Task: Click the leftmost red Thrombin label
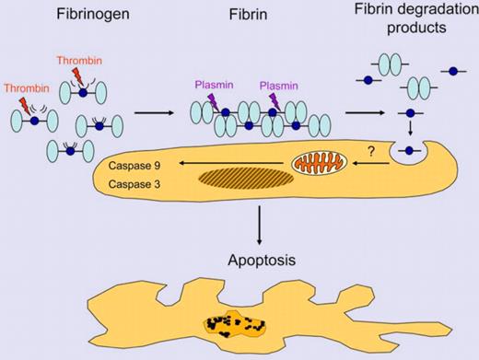pos(23,89)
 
